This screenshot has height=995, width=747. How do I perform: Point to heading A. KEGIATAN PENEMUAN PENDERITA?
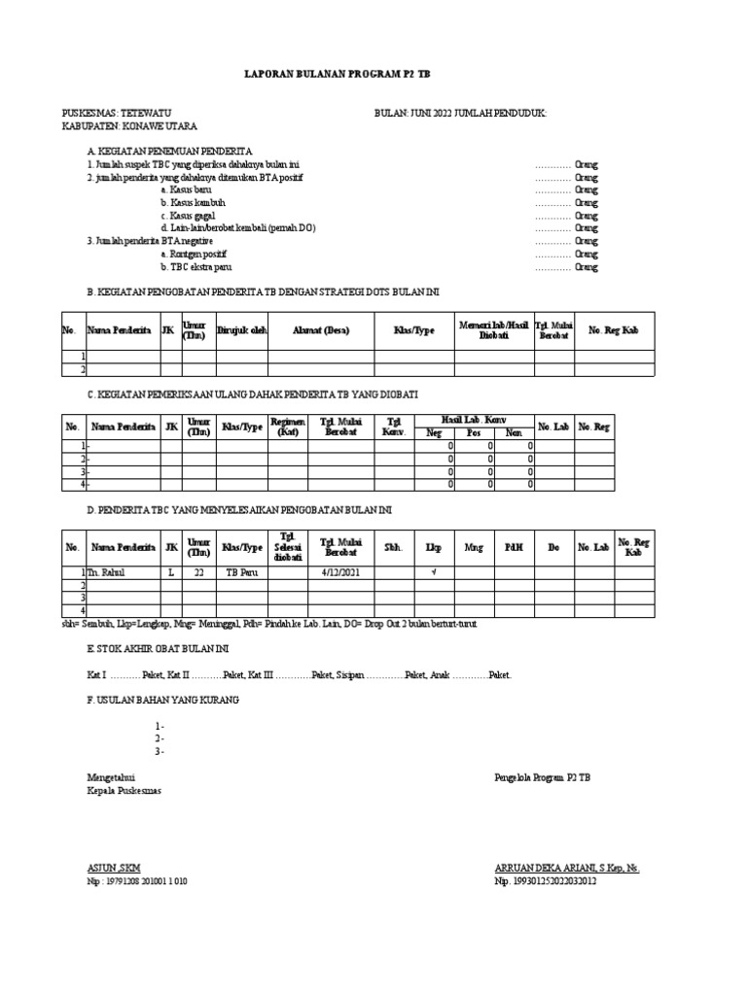pos(170,153)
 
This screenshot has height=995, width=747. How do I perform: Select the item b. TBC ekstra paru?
pos(196,266)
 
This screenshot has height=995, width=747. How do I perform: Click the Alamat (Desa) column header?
pos(321,330)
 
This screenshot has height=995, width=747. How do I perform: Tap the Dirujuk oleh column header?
pos(241,330)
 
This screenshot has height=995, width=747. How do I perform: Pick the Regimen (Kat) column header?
pos(288,426)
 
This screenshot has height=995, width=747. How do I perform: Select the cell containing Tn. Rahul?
pos(110,573)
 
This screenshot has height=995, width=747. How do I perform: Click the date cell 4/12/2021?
pos(340,573)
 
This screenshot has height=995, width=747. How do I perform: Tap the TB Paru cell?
pos(240,573)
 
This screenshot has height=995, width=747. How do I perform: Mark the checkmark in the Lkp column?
pos(434,573)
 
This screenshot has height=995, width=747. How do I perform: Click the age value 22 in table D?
pos(198,573)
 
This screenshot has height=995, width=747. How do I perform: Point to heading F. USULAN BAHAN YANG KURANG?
pos(162,700)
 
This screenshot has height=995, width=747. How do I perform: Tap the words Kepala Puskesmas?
pos(124,791)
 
